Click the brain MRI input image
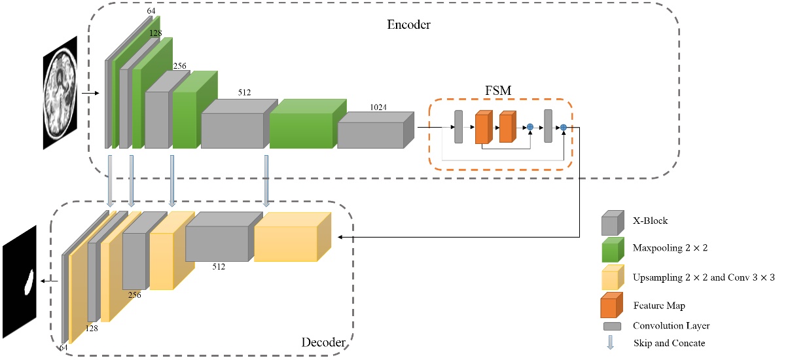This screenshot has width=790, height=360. pos(60,93)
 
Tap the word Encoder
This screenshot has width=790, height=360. pos(409,25)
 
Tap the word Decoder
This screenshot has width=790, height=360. pos(323,342)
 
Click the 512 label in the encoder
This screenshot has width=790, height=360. pos(245,93)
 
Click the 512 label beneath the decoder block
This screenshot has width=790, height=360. pos(219,267)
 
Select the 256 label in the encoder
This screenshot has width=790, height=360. pos(180,66)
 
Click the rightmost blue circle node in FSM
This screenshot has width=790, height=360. pos(563,126)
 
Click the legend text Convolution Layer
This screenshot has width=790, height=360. pos(671,325)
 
